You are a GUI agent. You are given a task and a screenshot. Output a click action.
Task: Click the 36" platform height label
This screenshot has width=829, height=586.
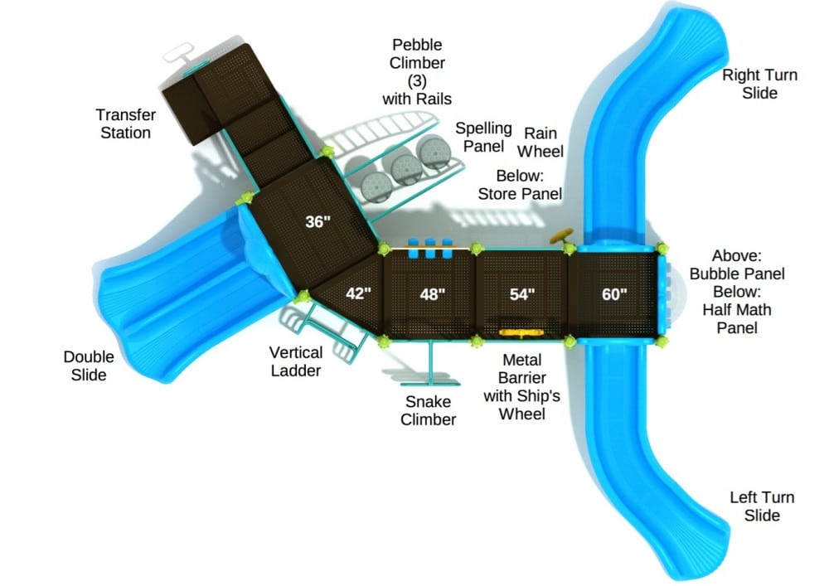click(x=318, y=222)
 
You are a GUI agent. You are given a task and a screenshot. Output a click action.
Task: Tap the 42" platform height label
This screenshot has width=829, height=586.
click(x=358, y=293)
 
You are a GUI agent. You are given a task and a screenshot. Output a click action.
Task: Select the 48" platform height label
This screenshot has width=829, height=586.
click(x=432, y=294)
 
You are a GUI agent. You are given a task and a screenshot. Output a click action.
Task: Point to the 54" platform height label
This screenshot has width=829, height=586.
click(x=521, y=294)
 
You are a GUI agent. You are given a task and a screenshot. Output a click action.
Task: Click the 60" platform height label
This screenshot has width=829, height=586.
click(x=614, y=294)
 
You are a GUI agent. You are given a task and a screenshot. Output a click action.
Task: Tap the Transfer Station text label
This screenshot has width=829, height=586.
click(x=125, y=123)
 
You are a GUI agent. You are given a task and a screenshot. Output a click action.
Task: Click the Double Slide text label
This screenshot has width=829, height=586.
click(x=89, y=366)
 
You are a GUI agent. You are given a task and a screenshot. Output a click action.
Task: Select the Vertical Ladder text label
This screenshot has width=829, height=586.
click(x=296, y=362)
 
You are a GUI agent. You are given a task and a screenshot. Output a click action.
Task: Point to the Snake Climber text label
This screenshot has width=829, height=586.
click(x=428, y=410)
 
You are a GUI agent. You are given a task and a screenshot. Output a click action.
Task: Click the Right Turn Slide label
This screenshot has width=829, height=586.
click(x=759, y=84)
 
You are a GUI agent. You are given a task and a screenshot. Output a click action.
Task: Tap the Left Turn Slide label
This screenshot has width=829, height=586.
click(x=761, y=506)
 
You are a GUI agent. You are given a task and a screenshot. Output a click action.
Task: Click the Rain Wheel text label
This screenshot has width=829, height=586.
click(x=541, y=142)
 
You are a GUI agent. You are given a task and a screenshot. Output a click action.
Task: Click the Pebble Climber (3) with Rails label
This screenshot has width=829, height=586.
click(x=417, y=71)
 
